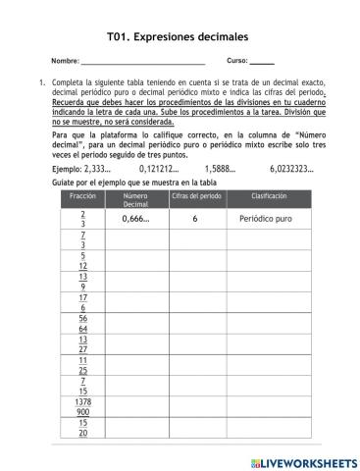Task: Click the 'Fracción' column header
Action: [83, 196]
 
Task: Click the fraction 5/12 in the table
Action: [83, 261]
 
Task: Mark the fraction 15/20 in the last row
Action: [83, 429]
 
